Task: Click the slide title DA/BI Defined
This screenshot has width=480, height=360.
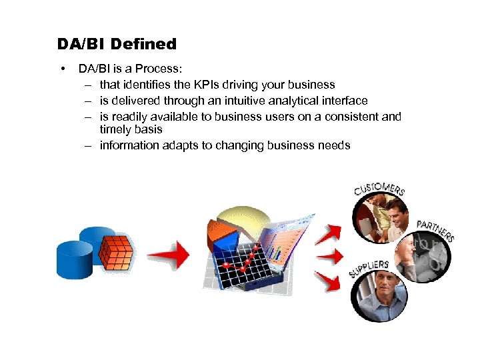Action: point(117,45)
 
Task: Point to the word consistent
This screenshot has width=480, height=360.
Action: point(350,117)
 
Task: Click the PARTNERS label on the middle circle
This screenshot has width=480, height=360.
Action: point(435,229)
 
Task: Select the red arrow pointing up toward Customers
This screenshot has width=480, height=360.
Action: point(330,233)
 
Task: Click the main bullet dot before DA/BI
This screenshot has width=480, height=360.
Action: point(61,69)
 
